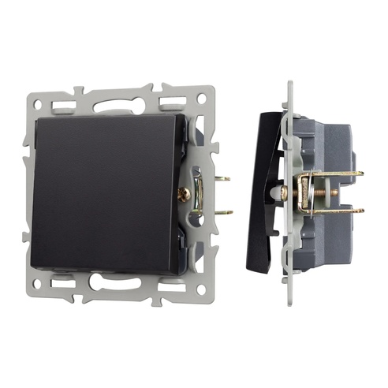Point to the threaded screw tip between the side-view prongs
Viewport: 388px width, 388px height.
point(335,192)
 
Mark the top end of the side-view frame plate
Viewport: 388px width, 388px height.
point(289,84)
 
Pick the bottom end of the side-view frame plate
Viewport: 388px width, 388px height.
point(289,300)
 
